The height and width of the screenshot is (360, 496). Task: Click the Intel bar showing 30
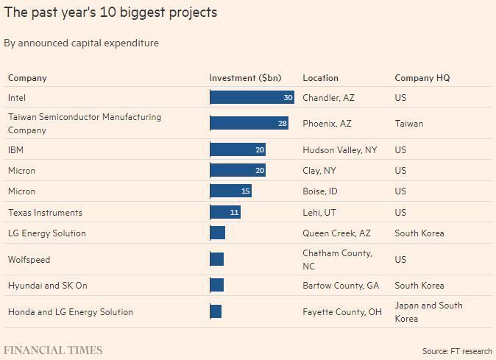(252, 97)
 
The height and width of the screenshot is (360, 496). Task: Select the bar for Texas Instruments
(225, 212)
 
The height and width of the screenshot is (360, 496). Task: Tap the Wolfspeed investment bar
(217, 259)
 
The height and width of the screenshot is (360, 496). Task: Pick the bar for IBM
(238, 149)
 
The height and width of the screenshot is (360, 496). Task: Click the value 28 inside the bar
(283, 124)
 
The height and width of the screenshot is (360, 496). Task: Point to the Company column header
(27, 78)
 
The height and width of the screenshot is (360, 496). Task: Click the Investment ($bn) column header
(245, 78)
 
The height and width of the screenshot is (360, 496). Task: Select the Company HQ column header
(422, 78)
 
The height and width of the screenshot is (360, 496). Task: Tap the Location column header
(320, 78)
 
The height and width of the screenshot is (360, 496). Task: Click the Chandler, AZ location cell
(328, 97)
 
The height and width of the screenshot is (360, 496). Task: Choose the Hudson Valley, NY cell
(339, 149)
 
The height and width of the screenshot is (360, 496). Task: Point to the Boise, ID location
(320, 191)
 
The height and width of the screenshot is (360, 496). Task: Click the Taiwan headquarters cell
(409, 124)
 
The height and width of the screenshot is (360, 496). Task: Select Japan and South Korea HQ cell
(428, 312)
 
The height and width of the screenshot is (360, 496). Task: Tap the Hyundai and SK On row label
(48, 286)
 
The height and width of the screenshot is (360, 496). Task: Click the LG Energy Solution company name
(47, 233)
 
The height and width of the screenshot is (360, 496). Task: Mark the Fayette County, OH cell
(342, 312)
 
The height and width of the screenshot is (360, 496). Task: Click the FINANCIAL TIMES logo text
(53, 350)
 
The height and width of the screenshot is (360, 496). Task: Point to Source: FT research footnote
(456, 351)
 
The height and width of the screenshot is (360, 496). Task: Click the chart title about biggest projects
(110, 13)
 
